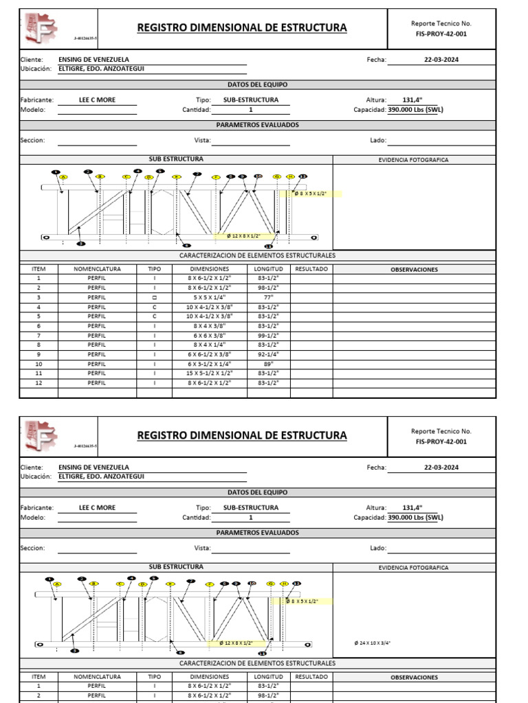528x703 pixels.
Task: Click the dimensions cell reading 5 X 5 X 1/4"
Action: [x=209, y=297]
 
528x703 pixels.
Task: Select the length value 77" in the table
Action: [x=267, y=297]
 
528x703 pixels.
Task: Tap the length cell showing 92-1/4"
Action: [x=267, y=354]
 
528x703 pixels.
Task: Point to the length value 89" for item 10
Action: [x=267, y=364]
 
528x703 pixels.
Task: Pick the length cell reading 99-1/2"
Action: [x=267, y=335]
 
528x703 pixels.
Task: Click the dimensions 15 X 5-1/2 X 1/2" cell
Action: [x=209, y=373]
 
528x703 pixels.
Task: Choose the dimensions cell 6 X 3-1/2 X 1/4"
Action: [x=209, y=364]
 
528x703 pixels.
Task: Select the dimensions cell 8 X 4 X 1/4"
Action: [x=209, y=345]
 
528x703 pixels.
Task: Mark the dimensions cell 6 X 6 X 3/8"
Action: [x=209, y=335]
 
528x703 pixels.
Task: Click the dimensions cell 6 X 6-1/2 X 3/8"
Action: [x=209, y=354]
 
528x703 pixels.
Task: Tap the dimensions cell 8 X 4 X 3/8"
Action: [x=209, y=325]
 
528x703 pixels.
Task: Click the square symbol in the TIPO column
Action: [x=155, y=297]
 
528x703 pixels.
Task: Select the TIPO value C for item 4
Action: [x=155, y=307]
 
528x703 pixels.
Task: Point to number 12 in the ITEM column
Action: [x=38, y=382]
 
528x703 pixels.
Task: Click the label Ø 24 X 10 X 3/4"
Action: [x=372, y=643]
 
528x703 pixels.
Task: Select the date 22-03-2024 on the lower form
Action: [x=441, y=468]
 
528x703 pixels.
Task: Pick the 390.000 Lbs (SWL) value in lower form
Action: [x=416, y=518]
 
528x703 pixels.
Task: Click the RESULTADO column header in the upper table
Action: [x=311, y=269]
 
